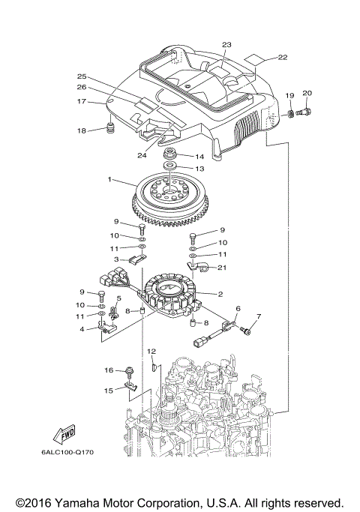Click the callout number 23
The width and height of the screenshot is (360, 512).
click(226, 44)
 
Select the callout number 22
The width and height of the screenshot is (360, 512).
click(282, 57)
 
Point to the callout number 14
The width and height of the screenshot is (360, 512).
click(199, 157)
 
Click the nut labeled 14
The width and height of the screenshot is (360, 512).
click(170, 154)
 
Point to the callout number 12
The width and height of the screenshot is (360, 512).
click(151, 351)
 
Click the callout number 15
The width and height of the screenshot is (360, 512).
click(108, 390)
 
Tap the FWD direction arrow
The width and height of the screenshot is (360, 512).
click(64, 434)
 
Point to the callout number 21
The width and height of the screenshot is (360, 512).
click(222, 268)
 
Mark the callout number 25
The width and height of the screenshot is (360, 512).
click(82, 76)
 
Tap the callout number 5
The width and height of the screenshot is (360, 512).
click(118, 298)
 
